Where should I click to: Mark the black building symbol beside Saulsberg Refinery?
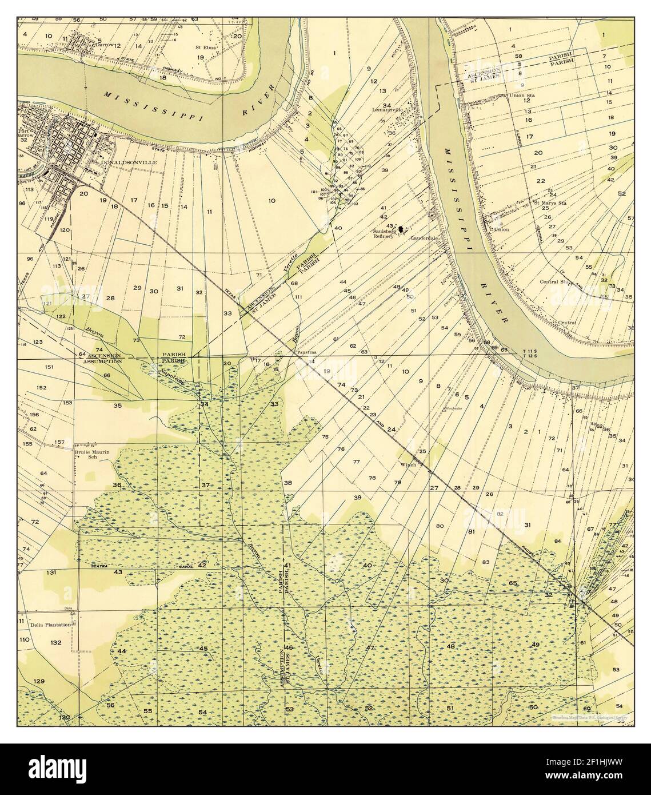pos(401,229)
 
